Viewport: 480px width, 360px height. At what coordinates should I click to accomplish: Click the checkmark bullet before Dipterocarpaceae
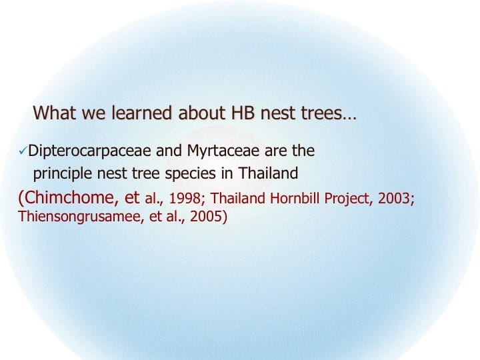[23, 153]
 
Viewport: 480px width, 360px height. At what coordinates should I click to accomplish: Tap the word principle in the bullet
[61, 174]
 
